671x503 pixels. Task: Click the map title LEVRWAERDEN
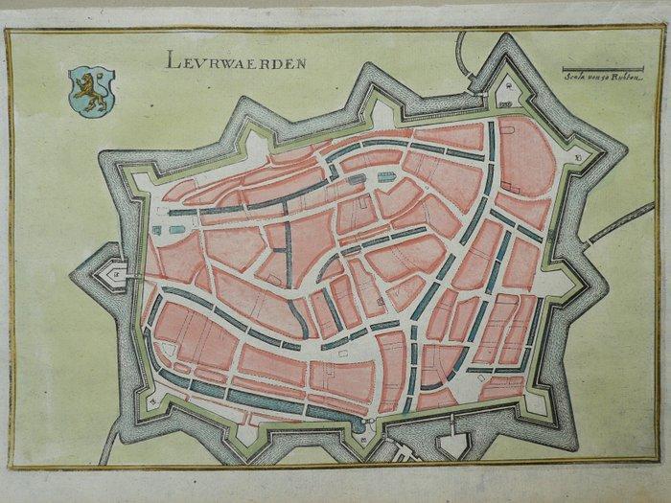(234, 64)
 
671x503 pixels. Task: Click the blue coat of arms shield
(91, 91)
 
